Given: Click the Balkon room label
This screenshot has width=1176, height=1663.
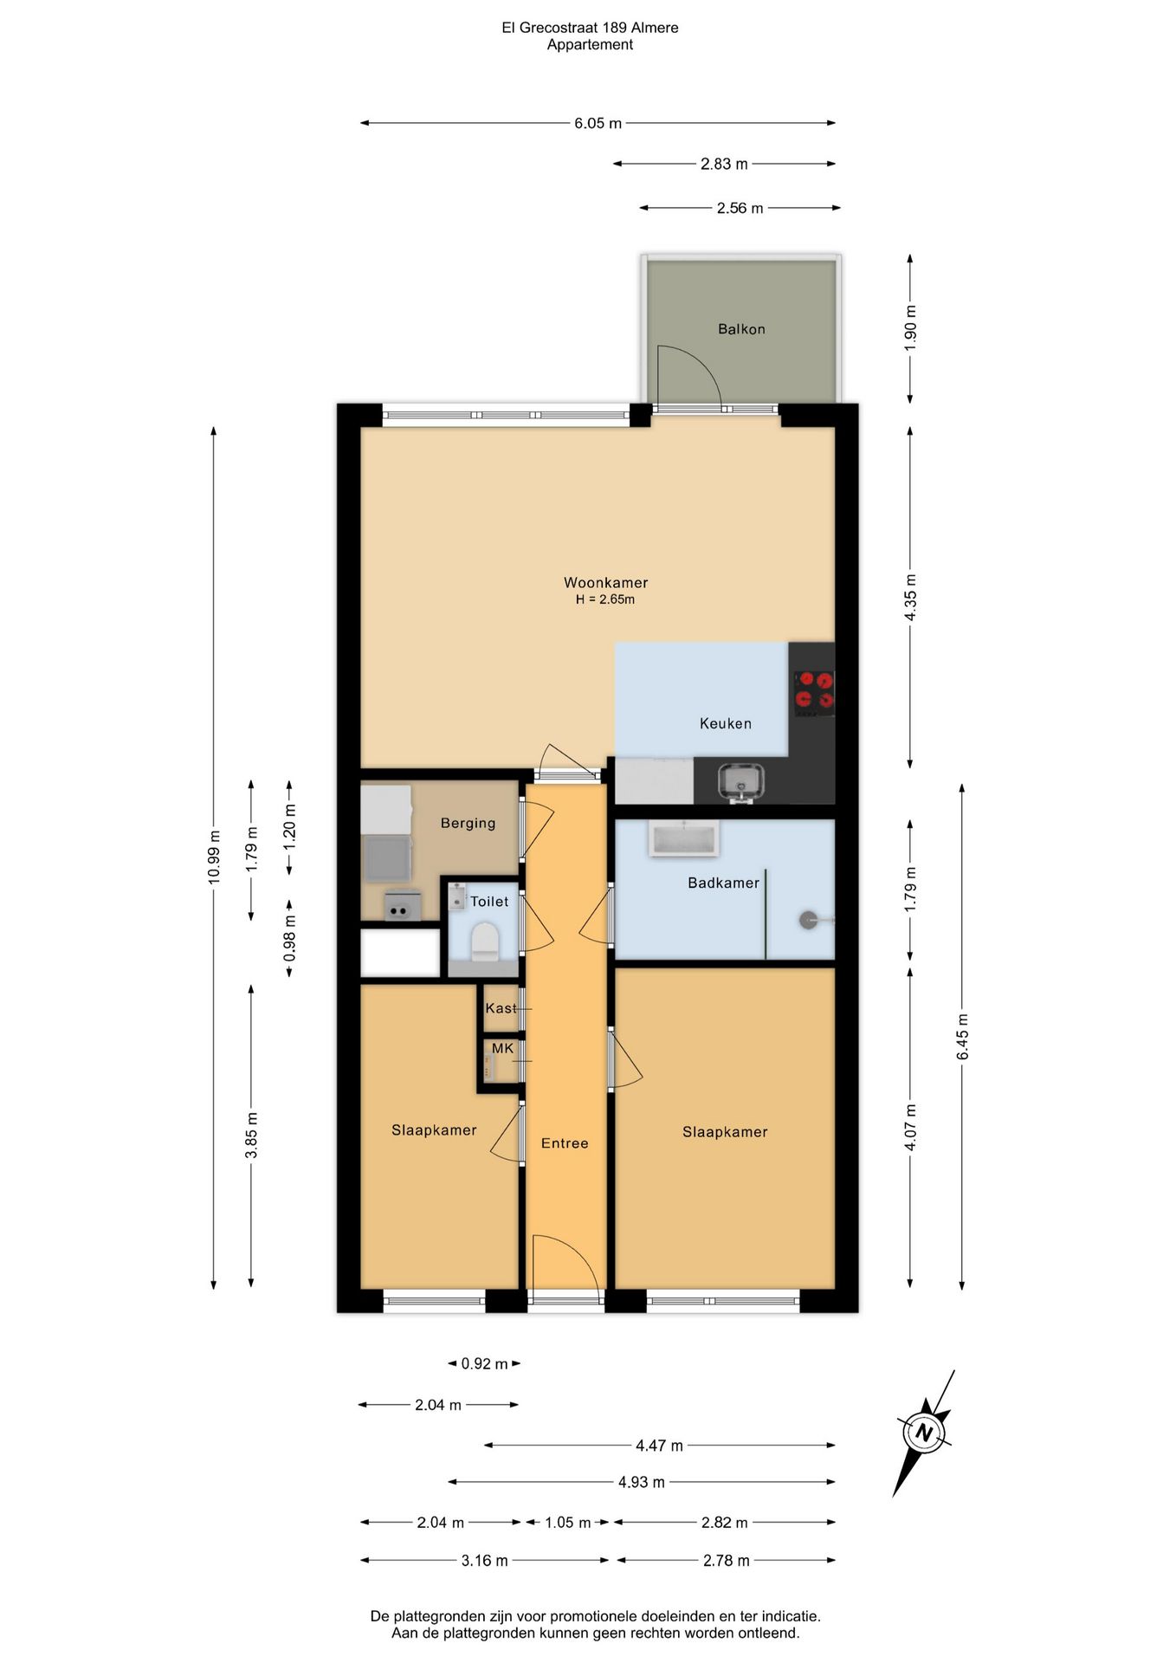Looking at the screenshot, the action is click(x=741, y=329).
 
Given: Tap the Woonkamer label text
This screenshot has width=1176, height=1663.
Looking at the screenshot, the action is click(x=606, y=583).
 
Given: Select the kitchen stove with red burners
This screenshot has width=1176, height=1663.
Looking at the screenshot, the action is click(x=814, y=693).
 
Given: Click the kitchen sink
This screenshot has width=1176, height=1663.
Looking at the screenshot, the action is click(x=740, y=780).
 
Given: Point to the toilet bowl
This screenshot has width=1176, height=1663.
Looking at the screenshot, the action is click(x=484, y=941).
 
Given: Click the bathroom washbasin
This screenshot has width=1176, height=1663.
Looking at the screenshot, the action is click(x=683, y=839).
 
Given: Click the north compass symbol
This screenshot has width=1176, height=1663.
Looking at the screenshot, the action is click(x=924, y=1433).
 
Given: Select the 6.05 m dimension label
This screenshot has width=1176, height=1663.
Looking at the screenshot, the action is click(x=598, y=123).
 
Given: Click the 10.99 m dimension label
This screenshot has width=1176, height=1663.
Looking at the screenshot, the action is click(x=214, y=857).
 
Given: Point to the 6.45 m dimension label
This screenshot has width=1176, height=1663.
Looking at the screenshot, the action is click(x=962, y=1037).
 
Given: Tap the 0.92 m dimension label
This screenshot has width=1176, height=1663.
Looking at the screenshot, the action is click(x=484, y=1363).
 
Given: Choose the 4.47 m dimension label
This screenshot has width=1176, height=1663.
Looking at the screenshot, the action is click(x=659, y=1446).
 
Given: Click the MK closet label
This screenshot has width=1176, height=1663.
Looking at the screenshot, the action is click(x=502, y=1048).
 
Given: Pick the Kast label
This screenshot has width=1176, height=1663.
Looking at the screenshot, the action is click(x=501, y=1008).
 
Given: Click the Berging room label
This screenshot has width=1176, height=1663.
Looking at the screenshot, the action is click(x=468, y=823).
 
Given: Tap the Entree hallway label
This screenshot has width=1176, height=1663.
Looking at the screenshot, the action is click(x=565, y=1143).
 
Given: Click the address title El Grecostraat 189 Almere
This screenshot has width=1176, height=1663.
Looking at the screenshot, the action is click(x=590, y=28).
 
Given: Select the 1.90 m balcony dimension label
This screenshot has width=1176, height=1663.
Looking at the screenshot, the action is click(x=910, y=328).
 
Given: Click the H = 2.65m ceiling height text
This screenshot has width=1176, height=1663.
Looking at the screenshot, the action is click(x=605, y=599).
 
